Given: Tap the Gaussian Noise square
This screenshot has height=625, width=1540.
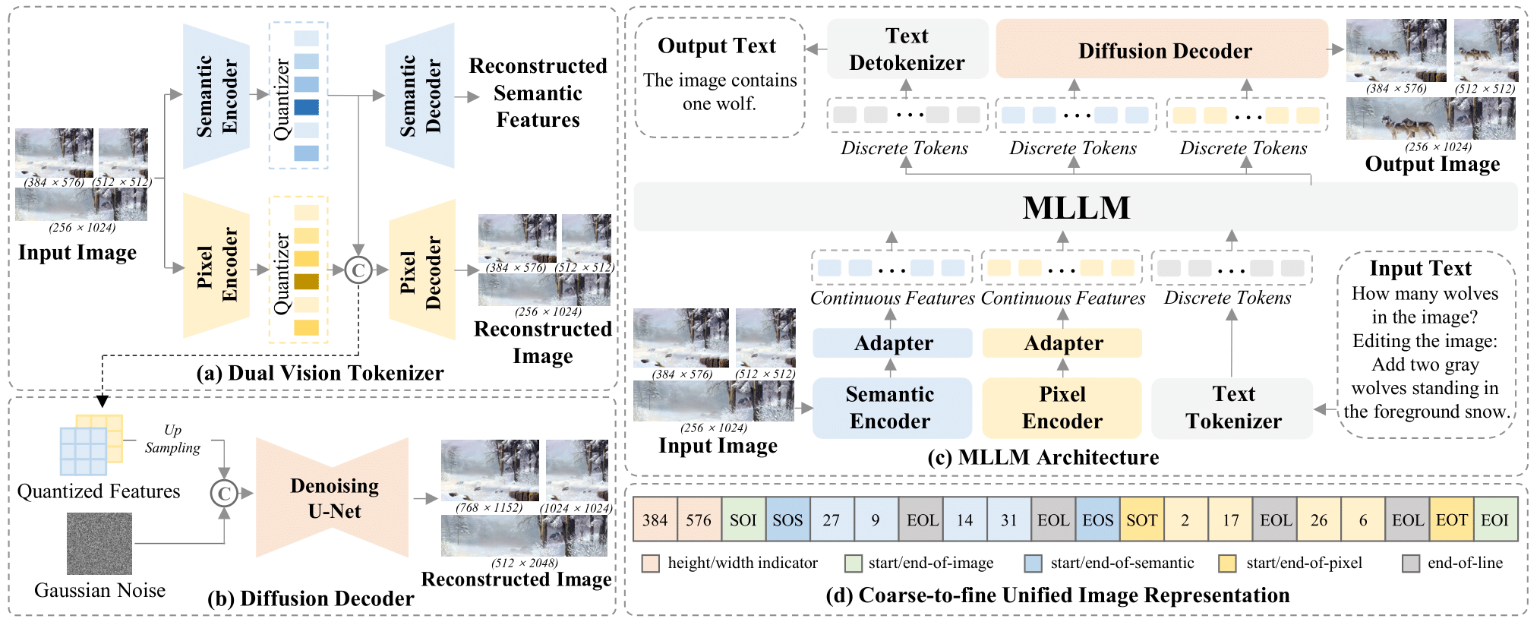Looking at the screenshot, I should [99, 543].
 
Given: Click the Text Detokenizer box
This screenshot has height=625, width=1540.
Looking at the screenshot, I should [907, 49].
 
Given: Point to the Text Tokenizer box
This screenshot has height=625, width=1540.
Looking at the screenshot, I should [1232, 408].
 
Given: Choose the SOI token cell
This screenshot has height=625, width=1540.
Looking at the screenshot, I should [743, 520].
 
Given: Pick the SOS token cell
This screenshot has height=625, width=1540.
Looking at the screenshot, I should [787, 520].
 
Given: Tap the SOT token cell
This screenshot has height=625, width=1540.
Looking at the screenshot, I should [1141, 520].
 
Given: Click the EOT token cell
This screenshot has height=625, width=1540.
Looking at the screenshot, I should [1451, 520].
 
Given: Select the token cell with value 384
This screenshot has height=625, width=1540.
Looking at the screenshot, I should [655, 520].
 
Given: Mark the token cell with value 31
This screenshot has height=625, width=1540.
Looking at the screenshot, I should [1008, 520].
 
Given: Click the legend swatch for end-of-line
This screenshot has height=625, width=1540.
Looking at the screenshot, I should [1411, 563].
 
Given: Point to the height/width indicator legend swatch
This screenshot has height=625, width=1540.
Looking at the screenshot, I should [650, 563].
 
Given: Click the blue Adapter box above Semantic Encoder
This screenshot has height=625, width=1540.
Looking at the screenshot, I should [892, 343].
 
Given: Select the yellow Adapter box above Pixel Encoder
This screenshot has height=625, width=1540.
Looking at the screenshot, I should [1062, 343].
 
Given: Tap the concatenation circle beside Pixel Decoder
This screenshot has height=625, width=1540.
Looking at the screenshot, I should [358, 270].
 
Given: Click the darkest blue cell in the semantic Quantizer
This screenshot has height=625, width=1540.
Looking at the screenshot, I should [306, 107].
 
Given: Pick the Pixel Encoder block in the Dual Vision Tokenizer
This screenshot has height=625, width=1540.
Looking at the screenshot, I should [216, 266].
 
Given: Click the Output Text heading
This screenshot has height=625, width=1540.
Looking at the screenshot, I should [717, 46].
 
